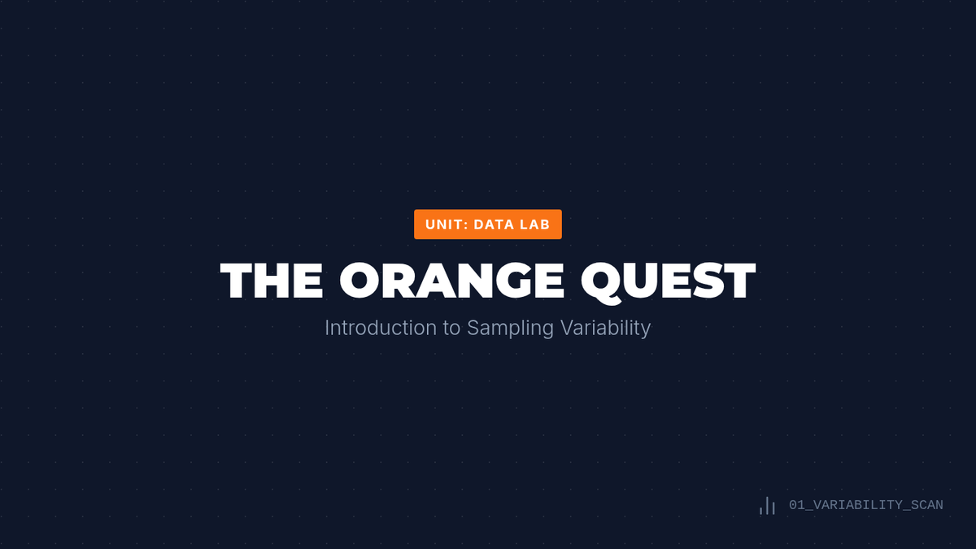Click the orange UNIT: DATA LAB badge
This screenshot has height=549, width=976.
[487, 224]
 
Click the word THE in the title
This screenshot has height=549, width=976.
[272, 281]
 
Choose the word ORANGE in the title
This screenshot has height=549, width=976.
[452, 281]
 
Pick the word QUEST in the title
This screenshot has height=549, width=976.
[669, 281]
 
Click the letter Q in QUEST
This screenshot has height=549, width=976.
[602, 282]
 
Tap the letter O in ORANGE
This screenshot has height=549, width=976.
[359, 281]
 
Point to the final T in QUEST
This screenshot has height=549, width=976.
[737, 281]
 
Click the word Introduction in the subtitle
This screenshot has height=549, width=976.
[381, 328]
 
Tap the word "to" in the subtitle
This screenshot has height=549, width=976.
[451, 329]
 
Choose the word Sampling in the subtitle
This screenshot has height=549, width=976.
[510, 329]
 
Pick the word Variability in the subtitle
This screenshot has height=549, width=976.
[606, 329]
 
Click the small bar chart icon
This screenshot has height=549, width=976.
[767, 506]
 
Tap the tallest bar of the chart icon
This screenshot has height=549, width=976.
[767, 506]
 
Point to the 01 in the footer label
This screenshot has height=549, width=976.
[797, 505]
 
